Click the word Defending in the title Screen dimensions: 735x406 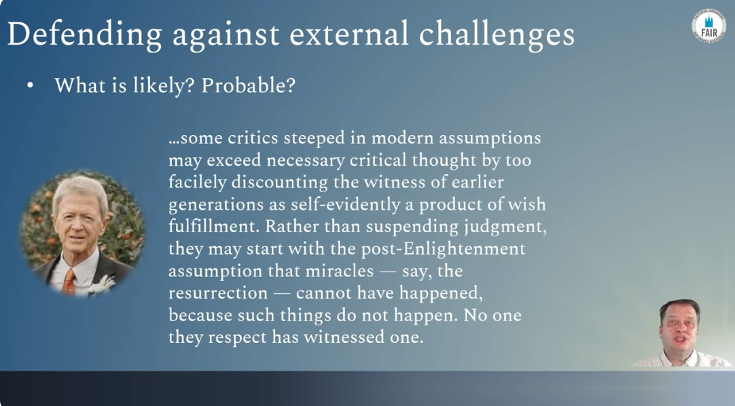84,35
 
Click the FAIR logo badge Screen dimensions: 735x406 709,26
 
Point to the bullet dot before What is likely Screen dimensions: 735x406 31,86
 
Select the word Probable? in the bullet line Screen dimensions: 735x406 249,86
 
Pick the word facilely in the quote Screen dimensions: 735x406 198,182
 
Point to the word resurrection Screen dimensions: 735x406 218,293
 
